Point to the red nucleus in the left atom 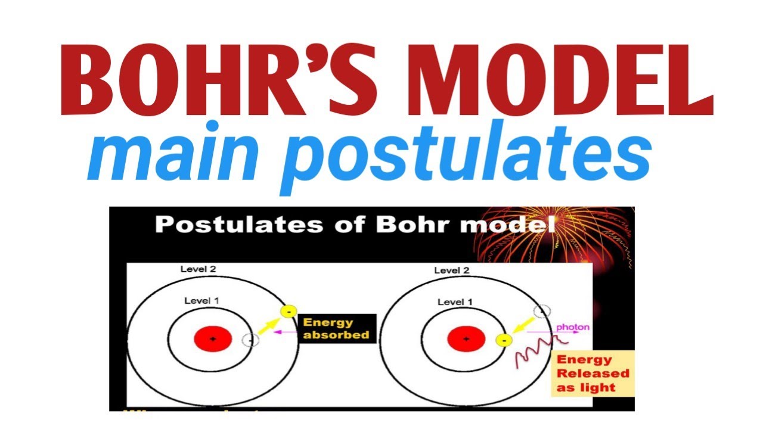[x=213, y=339]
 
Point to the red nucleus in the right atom [x=466, y=339]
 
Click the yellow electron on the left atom [x=289, y=312]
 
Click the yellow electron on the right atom [x=504, y=340]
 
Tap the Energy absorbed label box [x=336, y=329]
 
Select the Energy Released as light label [x=592, y=374]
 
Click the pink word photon [x=572, y=327]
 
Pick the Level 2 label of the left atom [x=198, y=269]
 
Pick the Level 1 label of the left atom [x=201, y=301]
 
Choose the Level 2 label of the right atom [x=451, y=271]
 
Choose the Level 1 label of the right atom [x=455, y=303]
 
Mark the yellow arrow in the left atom [x=269, y=325]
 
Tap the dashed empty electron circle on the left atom [x=251, y=340]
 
